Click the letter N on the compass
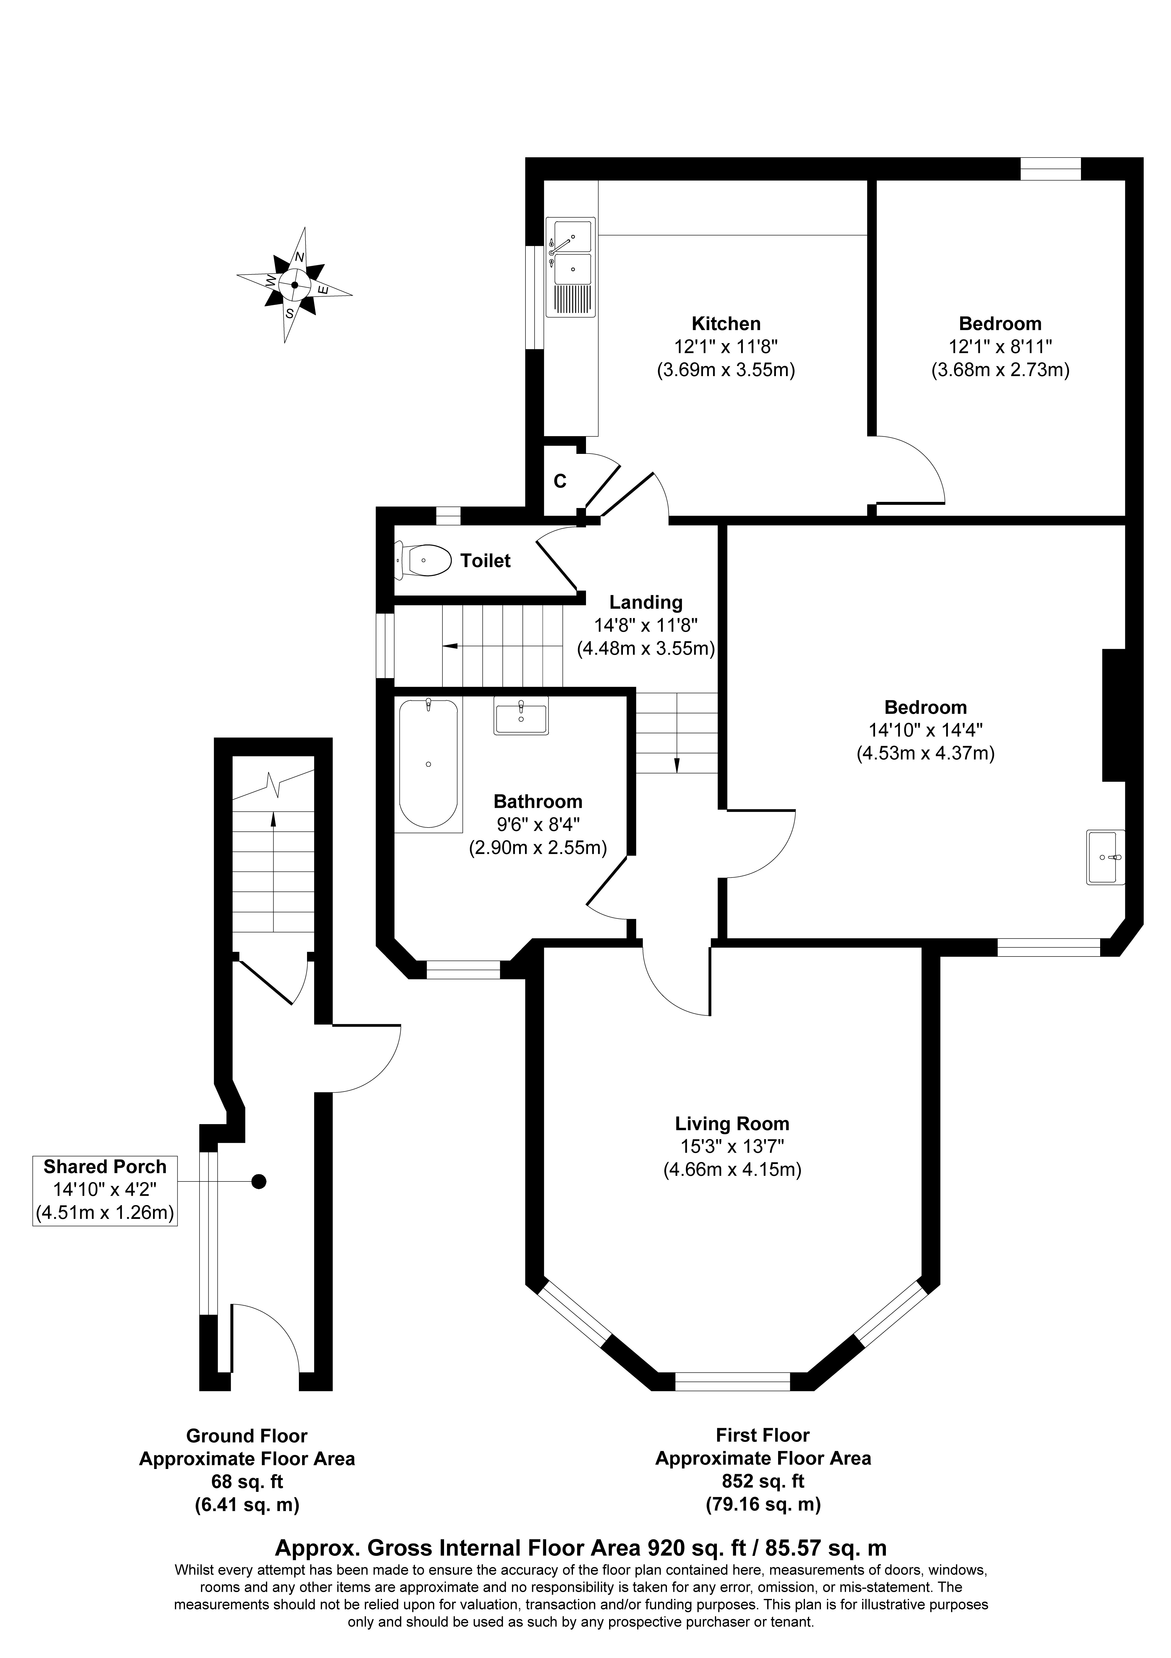(x=299, y=257)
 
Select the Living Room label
(x=732, y=1124)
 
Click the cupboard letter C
(x=559, y=482)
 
